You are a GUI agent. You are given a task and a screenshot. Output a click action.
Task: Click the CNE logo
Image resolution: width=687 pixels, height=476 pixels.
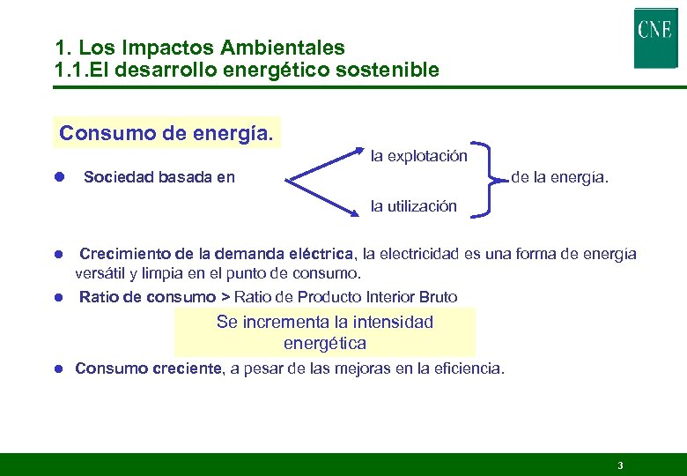(x=655, y=38)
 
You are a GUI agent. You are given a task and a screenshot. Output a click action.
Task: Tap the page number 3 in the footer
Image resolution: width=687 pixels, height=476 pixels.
(x=620, y=465)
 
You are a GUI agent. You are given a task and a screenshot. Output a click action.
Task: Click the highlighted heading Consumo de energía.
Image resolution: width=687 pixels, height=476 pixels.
(x=166, y=133)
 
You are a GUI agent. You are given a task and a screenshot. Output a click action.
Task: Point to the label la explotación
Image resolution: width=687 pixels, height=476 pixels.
(x=418, y=156)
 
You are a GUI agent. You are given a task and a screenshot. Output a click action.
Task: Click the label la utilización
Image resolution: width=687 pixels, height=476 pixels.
(x=413, y=206)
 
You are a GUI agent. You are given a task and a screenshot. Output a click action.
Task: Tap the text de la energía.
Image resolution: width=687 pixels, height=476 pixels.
(x=559, y=178)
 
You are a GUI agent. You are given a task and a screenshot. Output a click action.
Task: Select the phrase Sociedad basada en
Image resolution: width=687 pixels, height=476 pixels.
(x=159, y=178)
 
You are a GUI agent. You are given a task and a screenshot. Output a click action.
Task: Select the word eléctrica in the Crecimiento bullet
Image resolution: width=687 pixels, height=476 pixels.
(x=322, y=255)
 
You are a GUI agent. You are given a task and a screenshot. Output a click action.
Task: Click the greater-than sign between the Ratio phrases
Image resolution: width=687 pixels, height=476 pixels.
(x=225, y=297)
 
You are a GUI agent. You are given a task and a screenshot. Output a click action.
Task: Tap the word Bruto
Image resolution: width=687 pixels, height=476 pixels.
(x=438, y=297)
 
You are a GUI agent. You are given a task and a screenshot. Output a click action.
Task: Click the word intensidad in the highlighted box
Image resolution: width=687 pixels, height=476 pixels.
(x=389, y=322)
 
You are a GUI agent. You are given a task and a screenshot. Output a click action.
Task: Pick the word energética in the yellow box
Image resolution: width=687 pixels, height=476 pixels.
(x=325, y=343)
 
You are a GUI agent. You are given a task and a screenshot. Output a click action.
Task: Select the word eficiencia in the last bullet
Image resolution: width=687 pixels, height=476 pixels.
(x=469, y=368)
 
